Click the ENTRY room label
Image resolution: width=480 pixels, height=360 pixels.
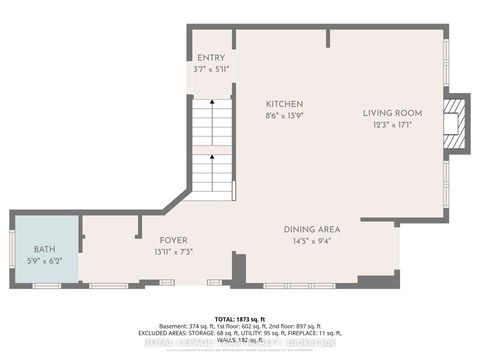(x=211, y=58)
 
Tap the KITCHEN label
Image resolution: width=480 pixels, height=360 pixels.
(x=284, y=104)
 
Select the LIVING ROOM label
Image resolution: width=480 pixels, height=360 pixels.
(x=392, y=112)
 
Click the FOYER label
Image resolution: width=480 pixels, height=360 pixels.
(x=174, y=240)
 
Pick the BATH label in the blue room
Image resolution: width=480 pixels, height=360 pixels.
(x=45, y=249)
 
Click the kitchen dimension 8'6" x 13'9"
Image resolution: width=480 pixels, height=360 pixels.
(x=284, y=116)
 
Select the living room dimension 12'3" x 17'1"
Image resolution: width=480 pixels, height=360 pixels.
(x=392, y=125)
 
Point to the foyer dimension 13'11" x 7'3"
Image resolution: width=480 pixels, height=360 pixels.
(x=174, y=252)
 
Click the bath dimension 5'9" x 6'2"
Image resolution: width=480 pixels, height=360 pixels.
(x=45, y=261)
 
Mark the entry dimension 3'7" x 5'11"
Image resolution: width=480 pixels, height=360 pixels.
(x=211, y=70)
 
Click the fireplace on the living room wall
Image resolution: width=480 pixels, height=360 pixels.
(x=456, y=123)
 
